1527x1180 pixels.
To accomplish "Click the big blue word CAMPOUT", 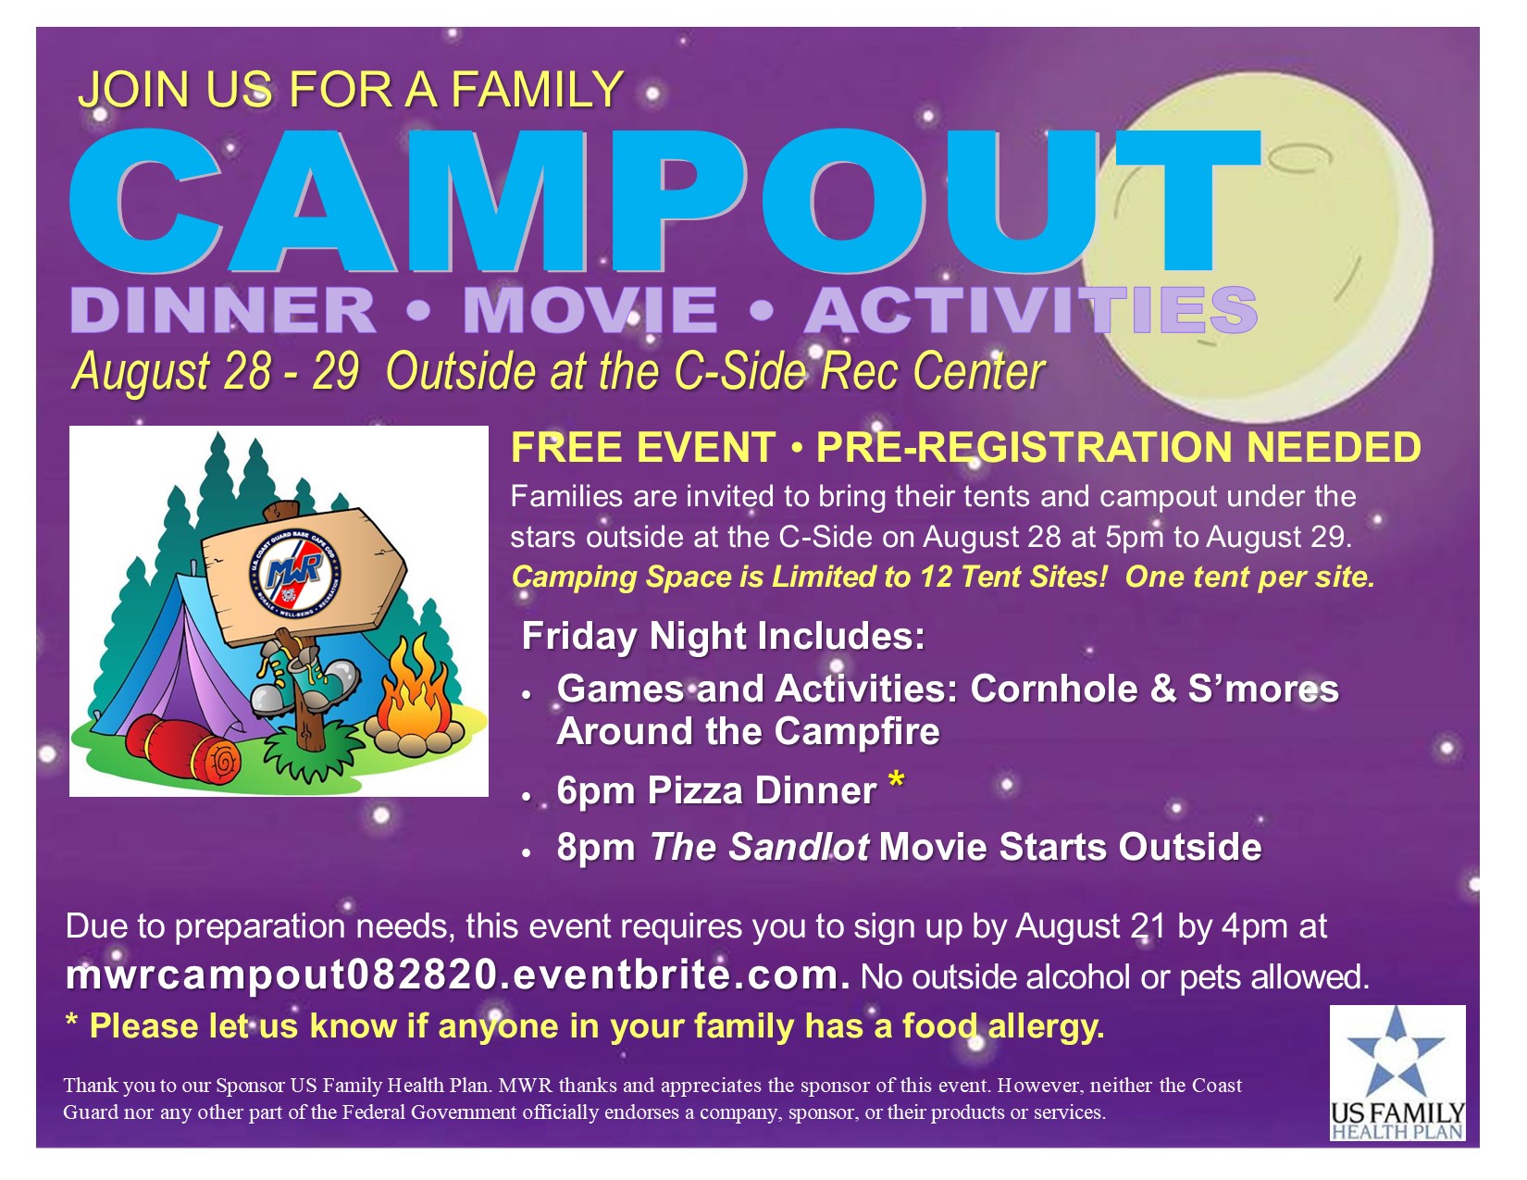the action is (664, 200).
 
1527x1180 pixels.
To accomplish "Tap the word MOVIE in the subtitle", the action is (590, 310).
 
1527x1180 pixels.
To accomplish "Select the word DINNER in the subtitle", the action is (223, 310).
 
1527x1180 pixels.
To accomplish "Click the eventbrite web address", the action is (458, 975).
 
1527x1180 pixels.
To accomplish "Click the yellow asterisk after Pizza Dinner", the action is (896, 781).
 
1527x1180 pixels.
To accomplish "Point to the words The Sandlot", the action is (760, 846).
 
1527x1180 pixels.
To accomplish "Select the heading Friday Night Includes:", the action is (723, 636).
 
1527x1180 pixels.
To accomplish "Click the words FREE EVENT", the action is (643, 448).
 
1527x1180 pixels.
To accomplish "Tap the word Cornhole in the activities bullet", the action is (1054, 689).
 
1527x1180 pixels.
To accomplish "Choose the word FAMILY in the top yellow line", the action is (538, 89).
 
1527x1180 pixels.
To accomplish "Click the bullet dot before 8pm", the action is (527, 852).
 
